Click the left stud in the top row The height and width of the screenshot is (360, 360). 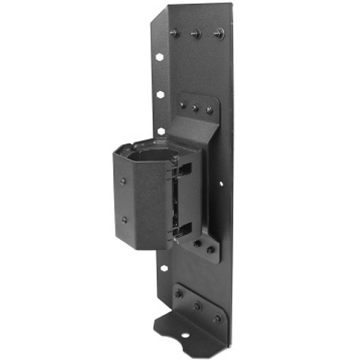pos(175,32)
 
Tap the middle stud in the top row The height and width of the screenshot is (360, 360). pos(196,34)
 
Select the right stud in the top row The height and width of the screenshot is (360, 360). pos(219,34)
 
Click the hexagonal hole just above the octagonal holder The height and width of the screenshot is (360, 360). pos(161,130)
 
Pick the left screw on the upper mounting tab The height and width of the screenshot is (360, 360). pos(182,105)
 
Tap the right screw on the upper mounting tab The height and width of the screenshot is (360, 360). pos(209,110)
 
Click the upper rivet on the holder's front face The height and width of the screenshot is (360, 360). pos(123,181)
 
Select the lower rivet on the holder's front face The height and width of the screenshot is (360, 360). pos(124,220)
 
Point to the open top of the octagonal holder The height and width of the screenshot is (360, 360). pos(149,153)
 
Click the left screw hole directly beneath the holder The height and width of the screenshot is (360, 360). pos(197,244)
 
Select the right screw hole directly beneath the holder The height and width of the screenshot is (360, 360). pos(210,249)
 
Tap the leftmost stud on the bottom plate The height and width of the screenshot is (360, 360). pos(178,294)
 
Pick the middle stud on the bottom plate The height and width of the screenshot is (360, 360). pos(197,305)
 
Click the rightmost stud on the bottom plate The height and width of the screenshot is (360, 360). pos(217,317)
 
